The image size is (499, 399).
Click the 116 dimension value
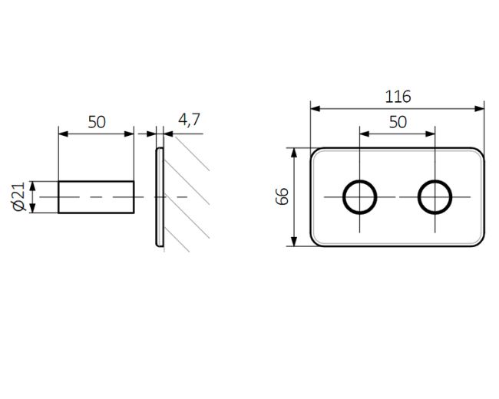click(398, 97)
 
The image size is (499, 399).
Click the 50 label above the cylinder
click(96, 121)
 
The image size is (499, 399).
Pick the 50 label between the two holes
click(398, 121)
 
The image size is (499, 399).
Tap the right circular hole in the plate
click(435, 197)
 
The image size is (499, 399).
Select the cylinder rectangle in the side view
click(97, 197)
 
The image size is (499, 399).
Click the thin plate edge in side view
click(160, 197)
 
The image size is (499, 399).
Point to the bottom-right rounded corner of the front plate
click(479, 242)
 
